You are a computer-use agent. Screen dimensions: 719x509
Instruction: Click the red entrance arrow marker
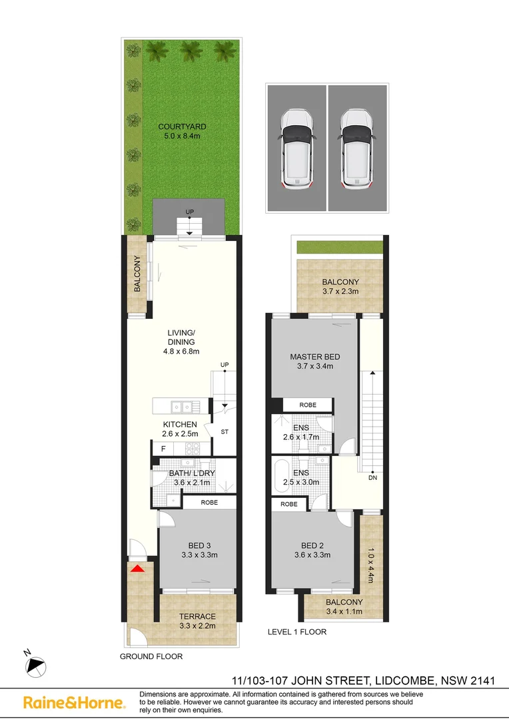tap(137, 569)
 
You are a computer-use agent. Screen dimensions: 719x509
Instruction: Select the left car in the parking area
tap(296, 148)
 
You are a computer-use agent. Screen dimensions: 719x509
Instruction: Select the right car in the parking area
tap(357, 148)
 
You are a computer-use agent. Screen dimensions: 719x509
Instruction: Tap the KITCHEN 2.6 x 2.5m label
tap(180, 429)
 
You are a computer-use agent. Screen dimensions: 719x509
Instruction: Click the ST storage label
tap(225, 432)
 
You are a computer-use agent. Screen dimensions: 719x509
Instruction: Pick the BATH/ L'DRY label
tap(192, 474)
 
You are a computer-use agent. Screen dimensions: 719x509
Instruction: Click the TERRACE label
tap(197, 616)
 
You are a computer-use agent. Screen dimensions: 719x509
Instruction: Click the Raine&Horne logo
tap(73, 702)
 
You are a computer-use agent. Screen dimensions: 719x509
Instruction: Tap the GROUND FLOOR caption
tap(151, 656)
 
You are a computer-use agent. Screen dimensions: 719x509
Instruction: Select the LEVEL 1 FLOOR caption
tap(296, 632)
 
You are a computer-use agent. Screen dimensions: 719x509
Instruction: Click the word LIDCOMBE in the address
tap(402, 680)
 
